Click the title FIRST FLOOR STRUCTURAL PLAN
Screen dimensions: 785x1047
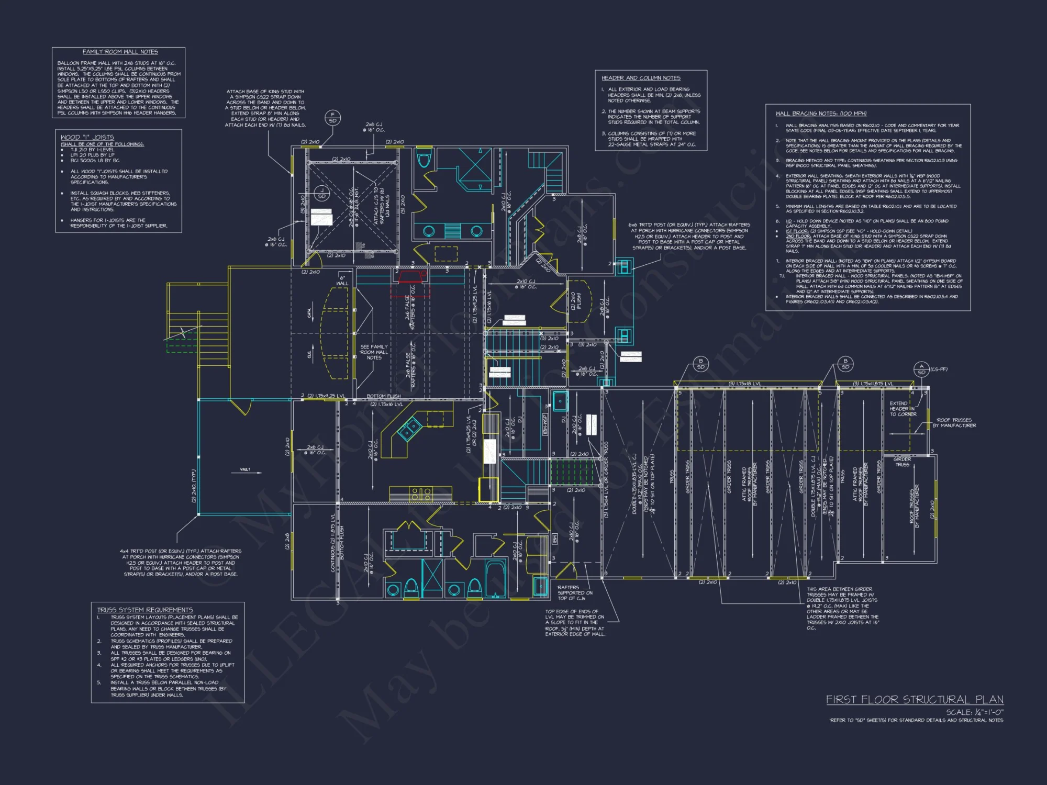point(914,700)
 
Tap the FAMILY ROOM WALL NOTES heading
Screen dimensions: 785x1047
point(120,52)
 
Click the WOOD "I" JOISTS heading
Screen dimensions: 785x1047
point(87,137)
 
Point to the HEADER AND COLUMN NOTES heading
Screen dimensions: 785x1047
point(641,78)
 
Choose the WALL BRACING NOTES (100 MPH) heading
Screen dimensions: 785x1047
point(820,114)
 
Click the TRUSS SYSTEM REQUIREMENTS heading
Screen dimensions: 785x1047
point(145,610)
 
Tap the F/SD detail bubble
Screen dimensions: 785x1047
point(332,117)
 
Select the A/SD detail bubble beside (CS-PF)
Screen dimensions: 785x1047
point(921,369)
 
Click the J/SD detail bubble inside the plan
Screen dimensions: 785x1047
point(322,193)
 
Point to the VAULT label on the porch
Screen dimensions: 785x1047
point(245,469)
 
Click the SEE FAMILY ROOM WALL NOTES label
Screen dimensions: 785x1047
point(374,352)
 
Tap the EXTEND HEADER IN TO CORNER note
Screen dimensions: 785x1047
point(903,409)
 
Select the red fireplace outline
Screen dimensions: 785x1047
point(411,276)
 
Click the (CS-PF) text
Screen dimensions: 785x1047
point(939,369)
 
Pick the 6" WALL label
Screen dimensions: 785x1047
point(342,281)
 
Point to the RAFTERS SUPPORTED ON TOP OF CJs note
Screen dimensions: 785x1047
point(575,592)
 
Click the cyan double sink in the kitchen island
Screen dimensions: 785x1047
point(409,429)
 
